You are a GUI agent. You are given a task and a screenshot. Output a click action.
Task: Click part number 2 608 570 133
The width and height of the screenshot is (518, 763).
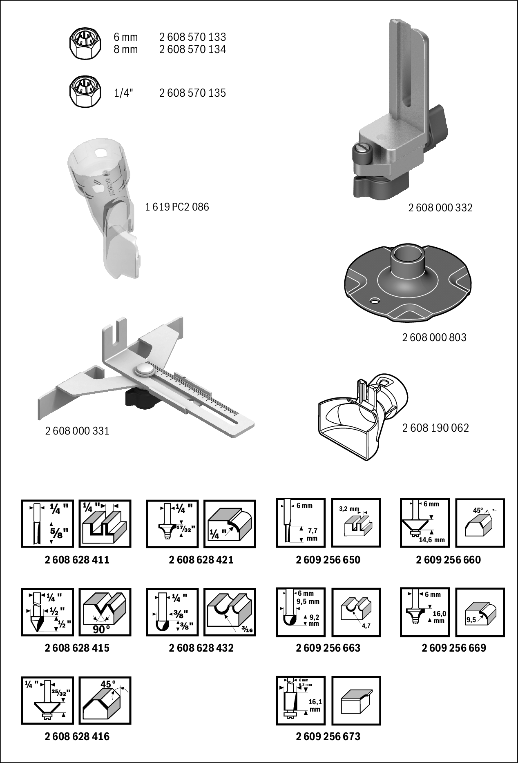[x=192, y=37]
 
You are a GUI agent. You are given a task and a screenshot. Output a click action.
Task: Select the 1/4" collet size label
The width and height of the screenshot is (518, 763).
[x=123, y=93]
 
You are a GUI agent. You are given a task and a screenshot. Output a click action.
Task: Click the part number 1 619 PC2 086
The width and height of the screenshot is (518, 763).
[x=177, y=207]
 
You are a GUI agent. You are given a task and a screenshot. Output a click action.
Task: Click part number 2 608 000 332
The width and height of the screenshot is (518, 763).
[x=440, y=208]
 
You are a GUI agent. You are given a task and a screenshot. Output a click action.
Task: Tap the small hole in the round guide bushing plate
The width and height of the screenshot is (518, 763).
[x=373, y=302]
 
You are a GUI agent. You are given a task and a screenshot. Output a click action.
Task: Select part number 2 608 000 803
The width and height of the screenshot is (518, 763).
[x=434, y=337]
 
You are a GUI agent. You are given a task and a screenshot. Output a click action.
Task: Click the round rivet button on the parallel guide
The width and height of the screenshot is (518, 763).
[x=144, y=369]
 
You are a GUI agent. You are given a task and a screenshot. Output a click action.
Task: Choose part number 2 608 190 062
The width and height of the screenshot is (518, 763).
[x=435, y=428]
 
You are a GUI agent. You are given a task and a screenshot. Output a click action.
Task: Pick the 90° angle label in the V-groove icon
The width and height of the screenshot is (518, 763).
[x=101, y=630]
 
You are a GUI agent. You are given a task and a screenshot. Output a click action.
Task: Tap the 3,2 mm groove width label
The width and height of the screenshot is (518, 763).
[x=349, y=509]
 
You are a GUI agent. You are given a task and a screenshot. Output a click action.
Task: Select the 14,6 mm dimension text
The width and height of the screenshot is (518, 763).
[x=431, y=540]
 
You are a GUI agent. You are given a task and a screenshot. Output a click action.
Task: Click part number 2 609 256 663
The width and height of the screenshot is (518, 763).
[x=328, y=648]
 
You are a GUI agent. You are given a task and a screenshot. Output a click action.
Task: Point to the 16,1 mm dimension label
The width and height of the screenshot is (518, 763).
[x=315, y=705]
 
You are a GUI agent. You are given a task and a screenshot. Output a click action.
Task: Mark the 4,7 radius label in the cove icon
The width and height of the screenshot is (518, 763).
[x=366, y=626]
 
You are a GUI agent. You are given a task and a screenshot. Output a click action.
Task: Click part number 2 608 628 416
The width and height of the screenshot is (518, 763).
[x=77, y=736]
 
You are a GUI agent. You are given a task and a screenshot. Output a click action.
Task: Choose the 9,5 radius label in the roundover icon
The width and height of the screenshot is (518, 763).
[x=471, y=620]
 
